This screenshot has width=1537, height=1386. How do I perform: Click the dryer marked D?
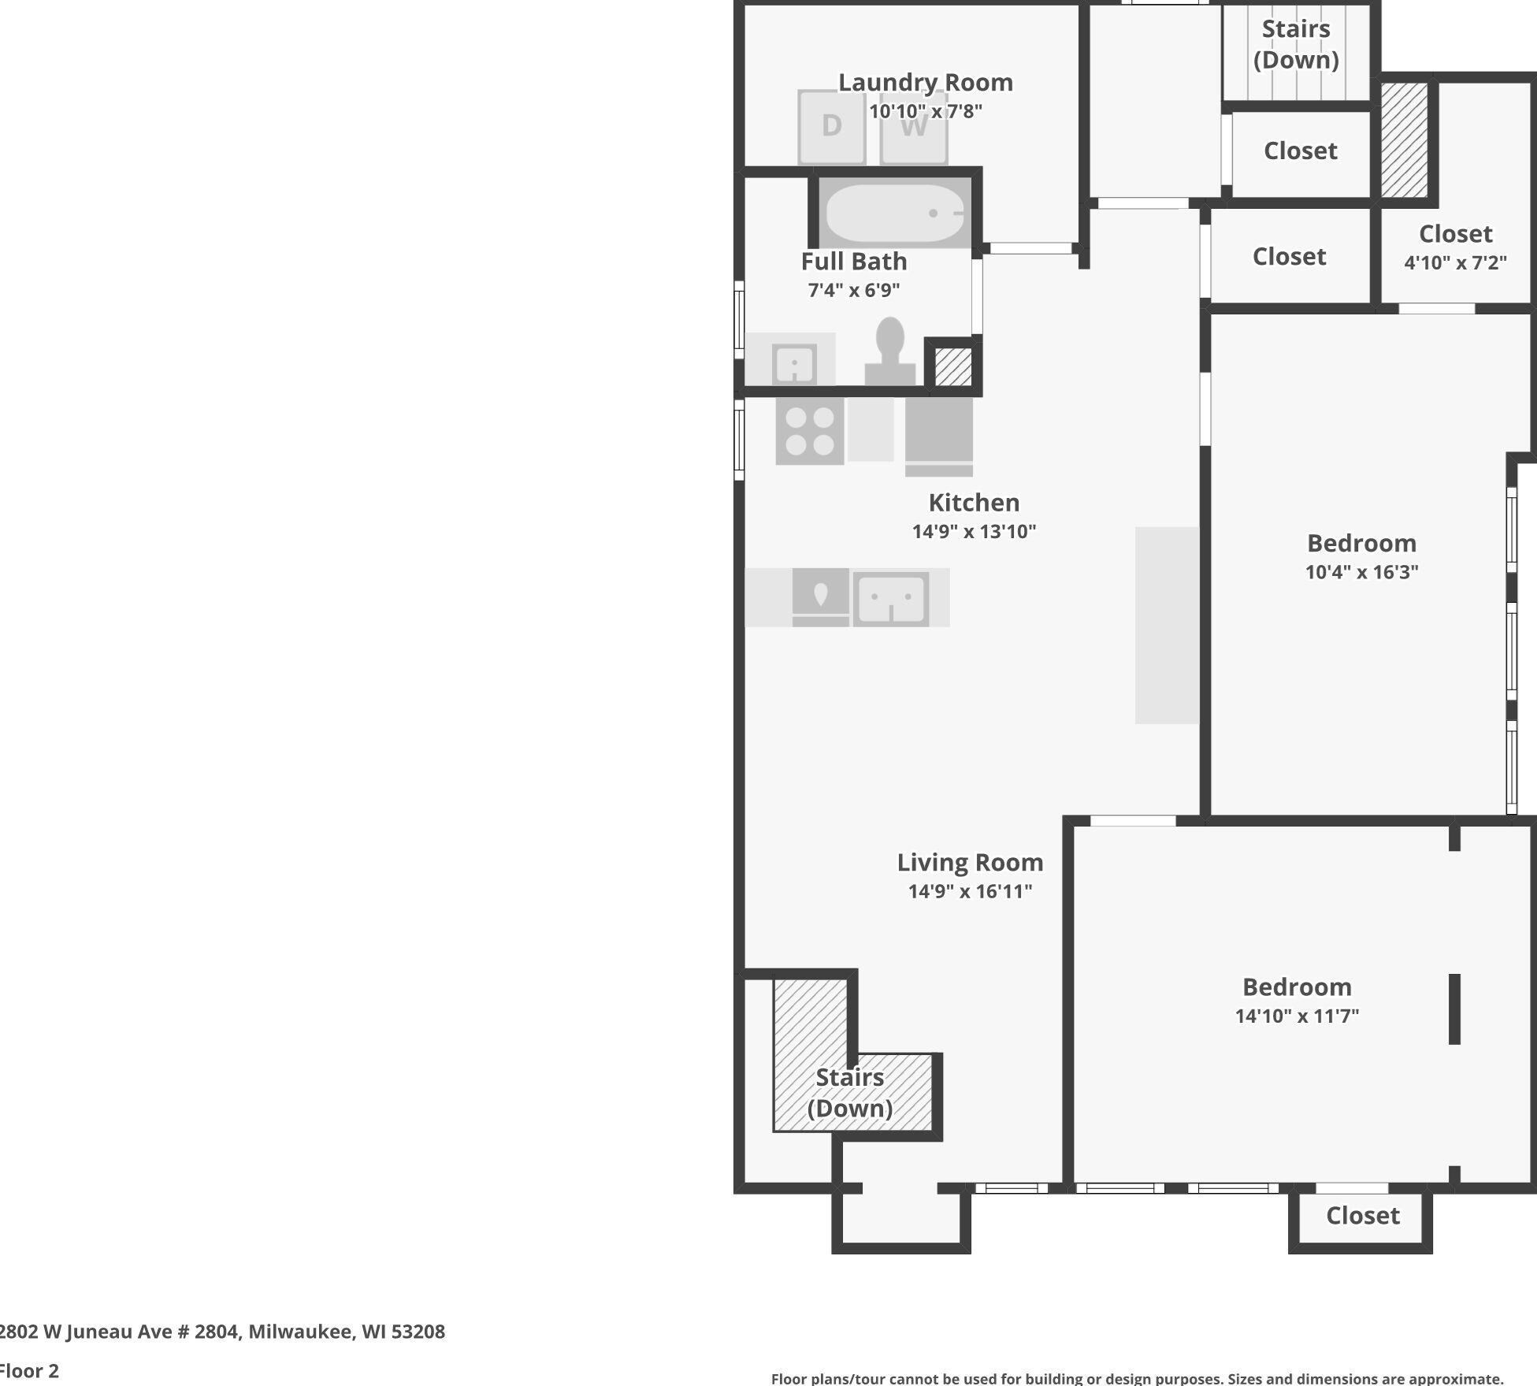coord(832,126)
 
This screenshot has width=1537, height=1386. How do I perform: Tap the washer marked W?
coord(914,126)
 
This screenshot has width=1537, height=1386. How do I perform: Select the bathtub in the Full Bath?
coord(895,213)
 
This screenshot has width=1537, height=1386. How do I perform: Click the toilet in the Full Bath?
coord(890,351)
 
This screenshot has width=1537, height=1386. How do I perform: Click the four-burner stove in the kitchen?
coord(810,431)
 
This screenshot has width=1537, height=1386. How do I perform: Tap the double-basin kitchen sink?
coord(891,599)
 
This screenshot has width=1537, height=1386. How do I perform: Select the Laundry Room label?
coord(926,82)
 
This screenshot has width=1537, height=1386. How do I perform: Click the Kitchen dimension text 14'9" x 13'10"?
coord(974,532)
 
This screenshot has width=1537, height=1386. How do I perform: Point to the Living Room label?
coord(971,862)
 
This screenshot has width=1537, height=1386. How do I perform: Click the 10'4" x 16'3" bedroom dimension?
coord(1362,572)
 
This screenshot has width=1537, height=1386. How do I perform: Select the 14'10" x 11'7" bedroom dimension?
coord(1298,1016)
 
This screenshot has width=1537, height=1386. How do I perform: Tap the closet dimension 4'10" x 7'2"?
coord(1456,262)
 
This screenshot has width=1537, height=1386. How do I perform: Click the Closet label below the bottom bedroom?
coord(1363,1216)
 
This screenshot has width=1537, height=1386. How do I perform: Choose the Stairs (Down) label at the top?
coord(1297,44)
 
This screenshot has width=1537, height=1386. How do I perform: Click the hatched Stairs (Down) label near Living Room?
coord(850,1093)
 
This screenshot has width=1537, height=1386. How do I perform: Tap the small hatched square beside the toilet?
coord(953,366)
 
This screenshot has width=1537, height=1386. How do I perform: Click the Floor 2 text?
coord(29,1371)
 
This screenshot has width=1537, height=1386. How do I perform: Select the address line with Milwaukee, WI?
coord(222,1332)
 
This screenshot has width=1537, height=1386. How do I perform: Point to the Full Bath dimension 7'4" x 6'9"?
coord(854,290)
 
